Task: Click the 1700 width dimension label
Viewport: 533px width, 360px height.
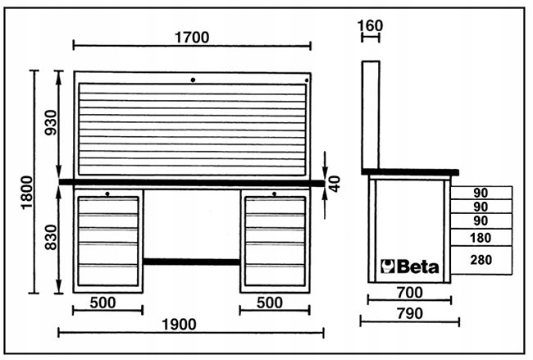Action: (x=192, y=36)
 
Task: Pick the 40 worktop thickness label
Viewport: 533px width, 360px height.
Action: (x=334, y=183)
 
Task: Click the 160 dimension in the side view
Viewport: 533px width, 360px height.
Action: (x=371, y=26)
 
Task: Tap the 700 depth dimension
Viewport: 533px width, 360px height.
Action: (x=409, y=291)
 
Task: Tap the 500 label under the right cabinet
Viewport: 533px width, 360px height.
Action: (x=275, y=303)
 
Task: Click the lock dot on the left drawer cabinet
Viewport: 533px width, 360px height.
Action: (x=107, y=194)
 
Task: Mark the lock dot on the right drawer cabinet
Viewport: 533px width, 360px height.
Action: (x=275, y=194)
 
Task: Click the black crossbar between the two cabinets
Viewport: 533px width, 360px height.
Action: (x=192, y=261)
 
